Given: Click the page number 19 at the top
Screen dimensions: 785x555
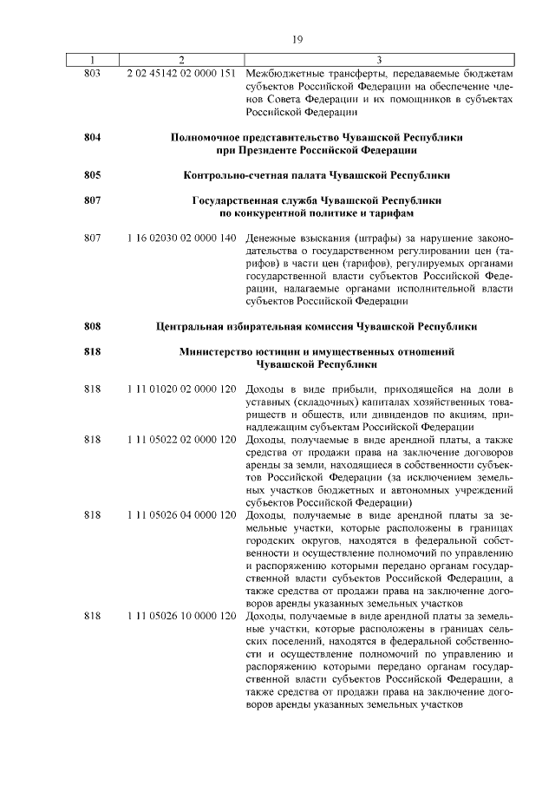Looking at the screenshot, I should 297,39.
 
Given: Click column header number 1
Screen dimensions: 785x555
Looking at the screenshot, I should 93,60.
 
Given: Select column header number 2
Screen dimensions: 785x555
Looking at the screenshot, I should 181,60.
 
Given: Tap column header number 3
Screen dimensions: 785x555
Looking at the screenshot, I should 380,60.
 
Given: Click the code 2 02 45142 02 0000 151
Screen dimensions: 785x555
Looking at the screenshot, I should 181,73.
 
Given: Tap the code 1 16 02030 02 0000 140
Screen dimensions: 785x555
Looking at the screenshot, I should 181,238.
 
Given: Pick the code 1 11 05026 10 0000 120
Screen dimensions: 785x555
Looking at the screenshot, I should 181,615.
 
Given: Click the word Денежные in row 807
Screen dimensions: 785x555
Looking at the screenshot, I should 271,238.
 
